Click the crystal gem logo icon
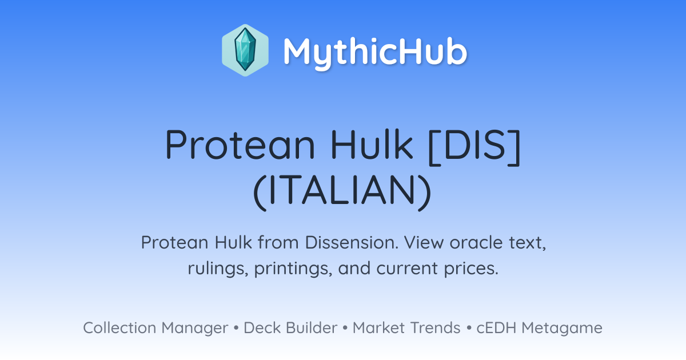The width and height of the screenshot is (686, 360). tap(245, 50)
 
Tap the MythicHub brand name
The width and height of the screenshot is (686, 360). tap(375, 51)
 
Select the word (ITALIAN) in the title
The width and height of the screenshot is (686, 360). tap(342, 191)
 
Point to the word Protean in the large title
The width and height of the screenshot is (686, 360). tap(240, 145)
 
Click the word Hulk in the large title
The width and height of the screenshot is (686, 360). tap(372, 144)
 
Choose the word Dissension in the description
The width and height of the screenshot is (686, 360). tap(352, 242)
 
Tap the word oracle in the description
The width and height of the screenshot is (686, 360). tap(476, 242)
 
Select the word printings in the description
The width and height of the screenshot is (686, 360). tap(293, 269)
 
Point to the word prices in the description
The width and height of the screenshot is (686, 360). tap(471, 269)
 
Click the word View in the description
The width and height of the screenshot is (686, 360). tap(424, 242)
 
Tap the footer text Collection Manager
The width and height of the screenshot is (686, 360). tap(155, 328)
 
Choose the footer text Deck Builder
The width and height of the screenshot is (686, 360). tap(290, 328)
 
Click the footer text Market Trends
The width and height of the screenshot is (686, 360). tap(406, 328)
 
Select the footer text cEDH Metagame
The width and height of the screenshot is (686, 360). tap(539, 329)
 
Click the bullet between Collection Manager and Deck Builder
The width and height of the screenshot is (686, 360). tap(236, 328)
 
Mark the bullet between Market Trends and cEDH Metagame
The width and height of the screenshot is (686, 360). tap(469, 328)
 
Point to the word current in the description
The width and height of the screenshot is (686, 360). tap(407, 269)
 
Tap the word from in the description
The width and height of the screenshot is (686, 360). tap(278, 242)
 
